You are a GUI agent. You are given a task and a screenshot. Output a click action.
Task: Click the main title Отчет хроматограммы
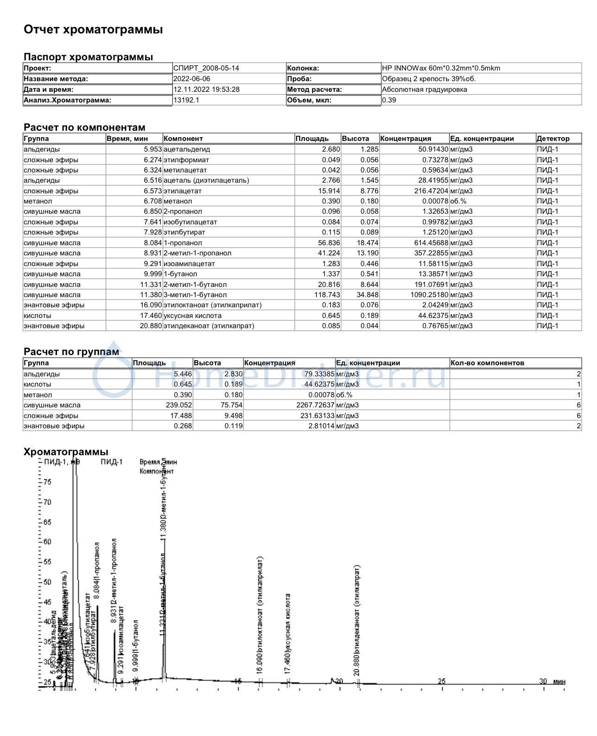[93, 30]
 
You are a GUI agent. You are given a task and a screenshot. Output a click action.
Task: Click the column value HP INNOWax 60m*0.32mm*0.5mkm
[441, 68]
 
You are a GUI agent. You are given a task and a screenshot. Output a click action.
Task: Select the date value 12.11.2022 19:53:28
[206, 89]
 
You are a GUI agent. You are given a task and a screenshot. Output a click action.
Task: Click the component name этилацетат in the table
[183, 191]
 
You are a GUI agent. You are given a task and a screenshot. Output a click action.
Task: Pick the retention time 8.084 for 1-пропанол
[152, 243]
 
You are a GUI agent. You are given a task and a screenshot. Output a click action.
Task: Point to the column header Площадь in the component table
[312, 139]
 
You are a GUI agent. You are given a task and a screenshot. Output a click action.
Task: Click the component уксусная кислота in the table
[192, 316]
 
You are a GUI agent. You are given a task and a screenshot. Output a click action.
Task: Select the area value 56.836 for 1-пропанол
[329, 243]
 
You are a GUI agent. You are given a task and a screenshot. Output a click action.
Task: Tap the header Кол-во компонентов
[487, 363]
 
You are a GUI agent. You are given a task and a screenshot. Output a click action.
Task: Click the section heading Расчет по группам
[71, 352]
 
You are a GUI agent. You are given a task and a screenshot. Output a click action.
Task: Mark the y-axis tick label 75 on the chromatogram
[47, 482]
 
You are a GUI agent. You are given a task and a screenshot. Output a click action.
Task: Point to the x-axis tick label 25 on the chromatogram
[442, 681]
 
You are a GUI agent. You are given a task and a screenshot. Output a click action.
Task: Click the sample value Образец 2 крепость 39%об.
[429, 79]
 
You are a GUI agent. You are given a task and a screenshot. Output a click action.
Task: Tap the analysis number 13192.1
[186, 100]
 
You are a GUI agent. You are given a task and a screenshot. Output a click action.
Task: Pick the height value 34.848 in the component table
[369, 295]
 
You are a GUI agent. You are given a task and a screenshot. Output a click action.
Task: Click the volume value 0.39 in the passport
[389, 100]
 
